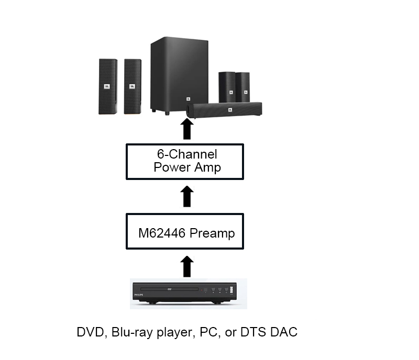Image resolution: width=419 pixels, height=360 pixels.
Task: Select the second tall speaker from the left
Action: [132, 86]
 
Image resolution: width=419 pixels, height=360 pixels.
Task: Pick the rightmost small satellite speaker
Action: [242, 86]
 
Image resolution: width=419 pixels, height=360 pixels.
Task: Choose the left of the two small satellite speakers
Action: [227, 86]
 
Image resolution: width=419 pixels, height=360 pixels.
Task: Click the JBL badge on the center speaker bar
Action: [229, 109]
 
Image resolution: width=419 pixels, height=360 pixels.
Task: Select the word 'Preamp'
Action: [212, 233]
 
